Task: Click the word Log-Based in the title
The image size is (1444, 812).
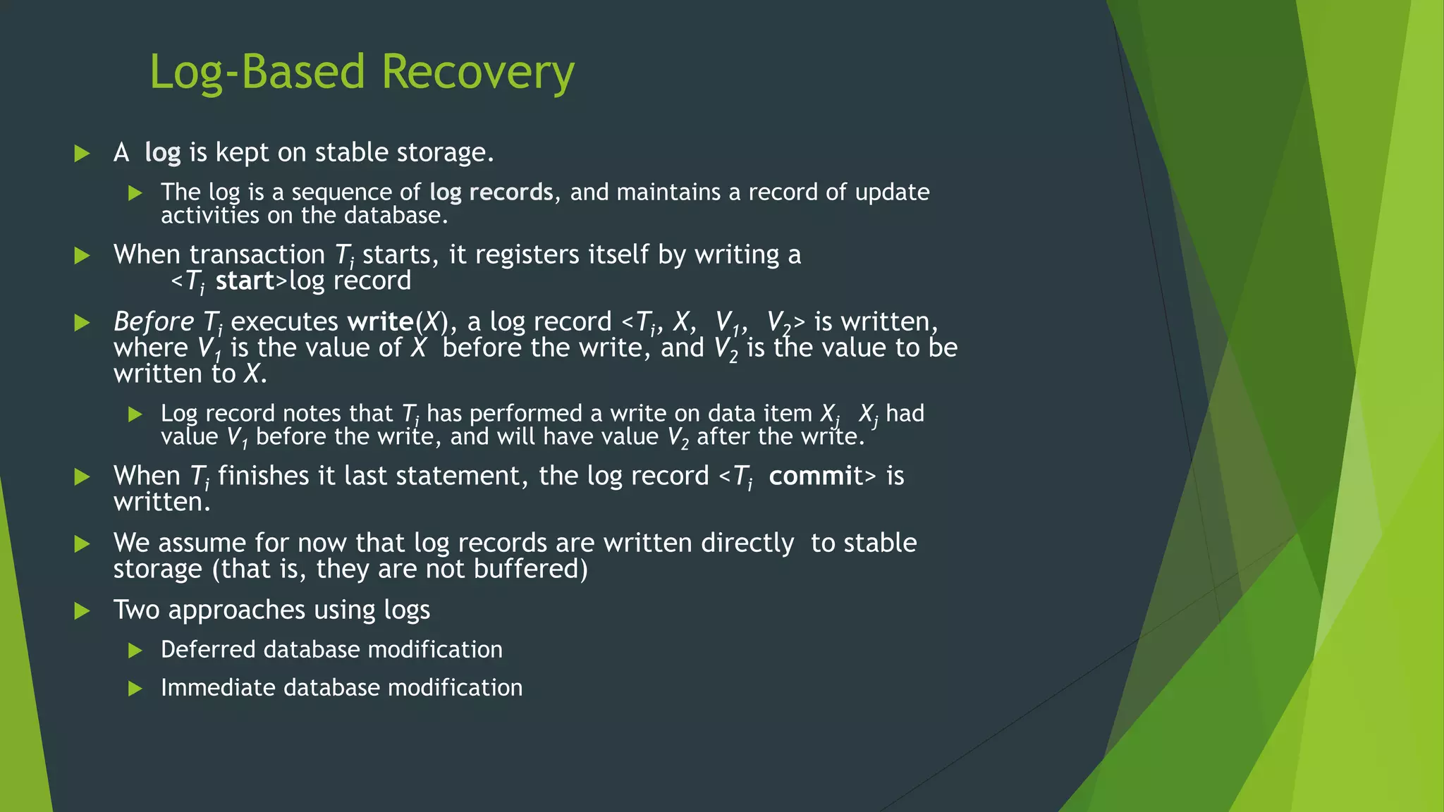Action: click(257, 73)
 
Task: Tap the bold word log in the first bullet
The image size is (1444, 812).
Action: click(162, 153)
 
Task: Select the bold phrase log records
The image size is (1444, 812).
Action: click(491, 192)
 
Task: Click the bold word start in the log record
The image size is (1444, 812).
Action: click(244, 281)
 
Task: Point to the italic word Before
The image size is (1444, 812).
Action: click(153, 322)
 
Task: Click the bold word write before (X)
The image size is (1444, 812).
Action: click(380, 322)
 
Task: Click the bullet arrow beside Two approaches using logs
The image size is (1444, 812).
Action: click(82, 610)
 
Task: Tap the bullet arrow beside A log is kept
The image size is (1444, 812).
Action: click(82, 153)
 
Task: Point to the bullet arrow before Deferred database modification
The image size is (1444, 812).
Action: click(135, 650)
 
